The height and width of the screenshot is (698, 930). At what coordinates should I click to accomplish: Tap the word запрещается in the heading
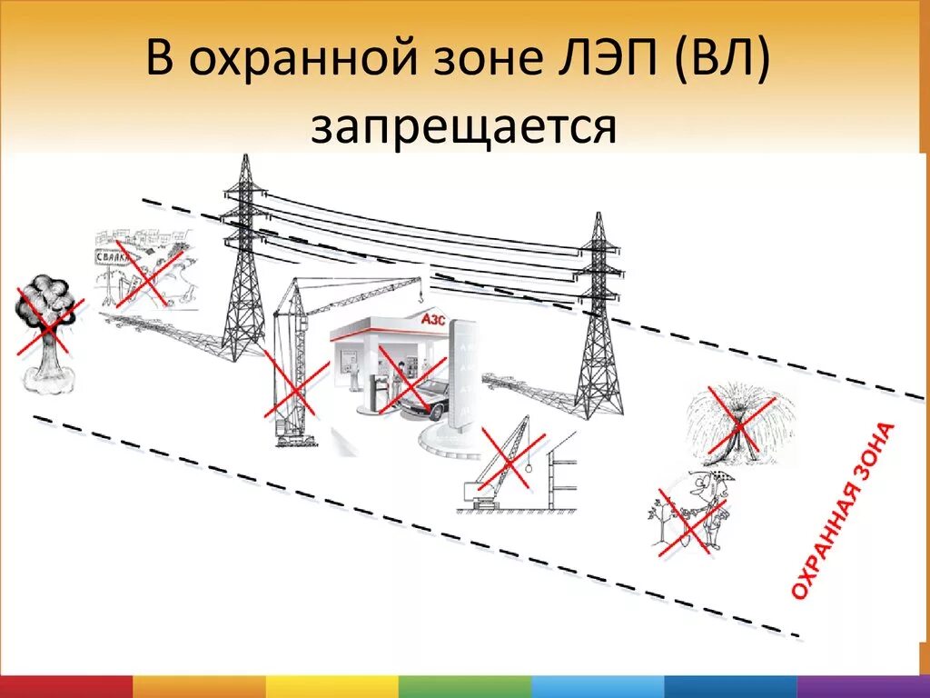point(464,127)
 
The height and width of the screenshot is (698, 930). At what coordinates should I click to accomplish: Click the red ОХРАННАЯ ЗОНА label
point(842,510)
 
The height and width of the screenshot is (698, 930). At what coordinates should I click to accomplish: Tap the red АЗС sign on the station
point(434,319)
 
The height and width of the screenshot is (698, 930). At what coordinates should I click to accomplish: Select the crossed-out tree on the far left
point(45,327)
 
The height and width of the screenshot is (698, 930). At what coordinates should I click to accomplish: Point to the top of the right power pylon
point(598,218)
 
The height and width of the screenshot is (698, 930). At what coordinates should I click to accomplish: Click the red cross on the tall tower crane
point(295,386)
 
